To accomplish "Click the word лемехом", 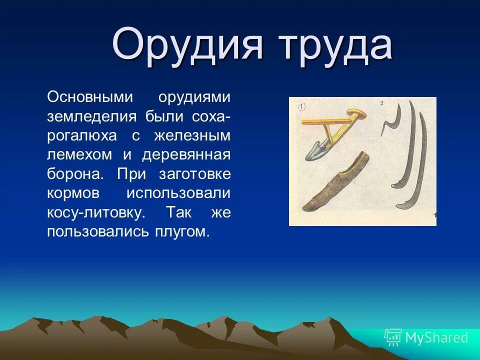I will [x=79, y=155].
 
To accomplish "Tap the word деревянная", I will [x=186, y=155].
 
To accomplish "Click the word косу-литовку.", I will [x=96, y=213].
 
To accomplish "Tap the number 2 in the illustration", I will [x=381, y=103].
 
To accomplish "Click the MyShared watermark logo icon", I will [x=392, y=337].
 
